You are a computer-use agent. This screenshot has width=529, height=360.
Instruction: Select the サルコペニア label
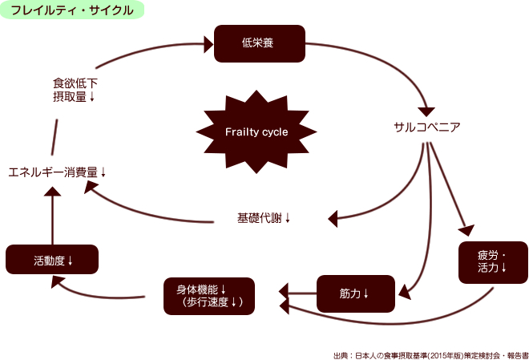[x=426, y=127]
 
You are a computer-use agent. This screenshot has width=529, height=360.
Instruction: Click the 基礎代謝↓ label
[x=264, y=217]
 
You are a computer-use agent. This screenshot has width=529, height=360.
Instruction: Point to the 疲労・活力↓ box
[x=493, y=261]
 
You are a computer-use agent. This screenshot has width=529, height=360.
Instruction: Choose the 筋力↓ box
[x=356, y=293]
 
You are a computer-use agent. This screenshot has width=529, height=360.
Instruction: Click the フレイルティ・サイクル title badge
[x=73, y=10]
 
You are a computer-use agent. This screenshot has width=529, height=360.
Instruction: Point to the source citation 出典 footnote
[x=430, y=354]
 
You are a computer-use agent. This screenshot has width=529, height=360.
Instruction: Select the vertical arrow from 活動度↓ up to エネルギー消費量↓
[x=52, y=216]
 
